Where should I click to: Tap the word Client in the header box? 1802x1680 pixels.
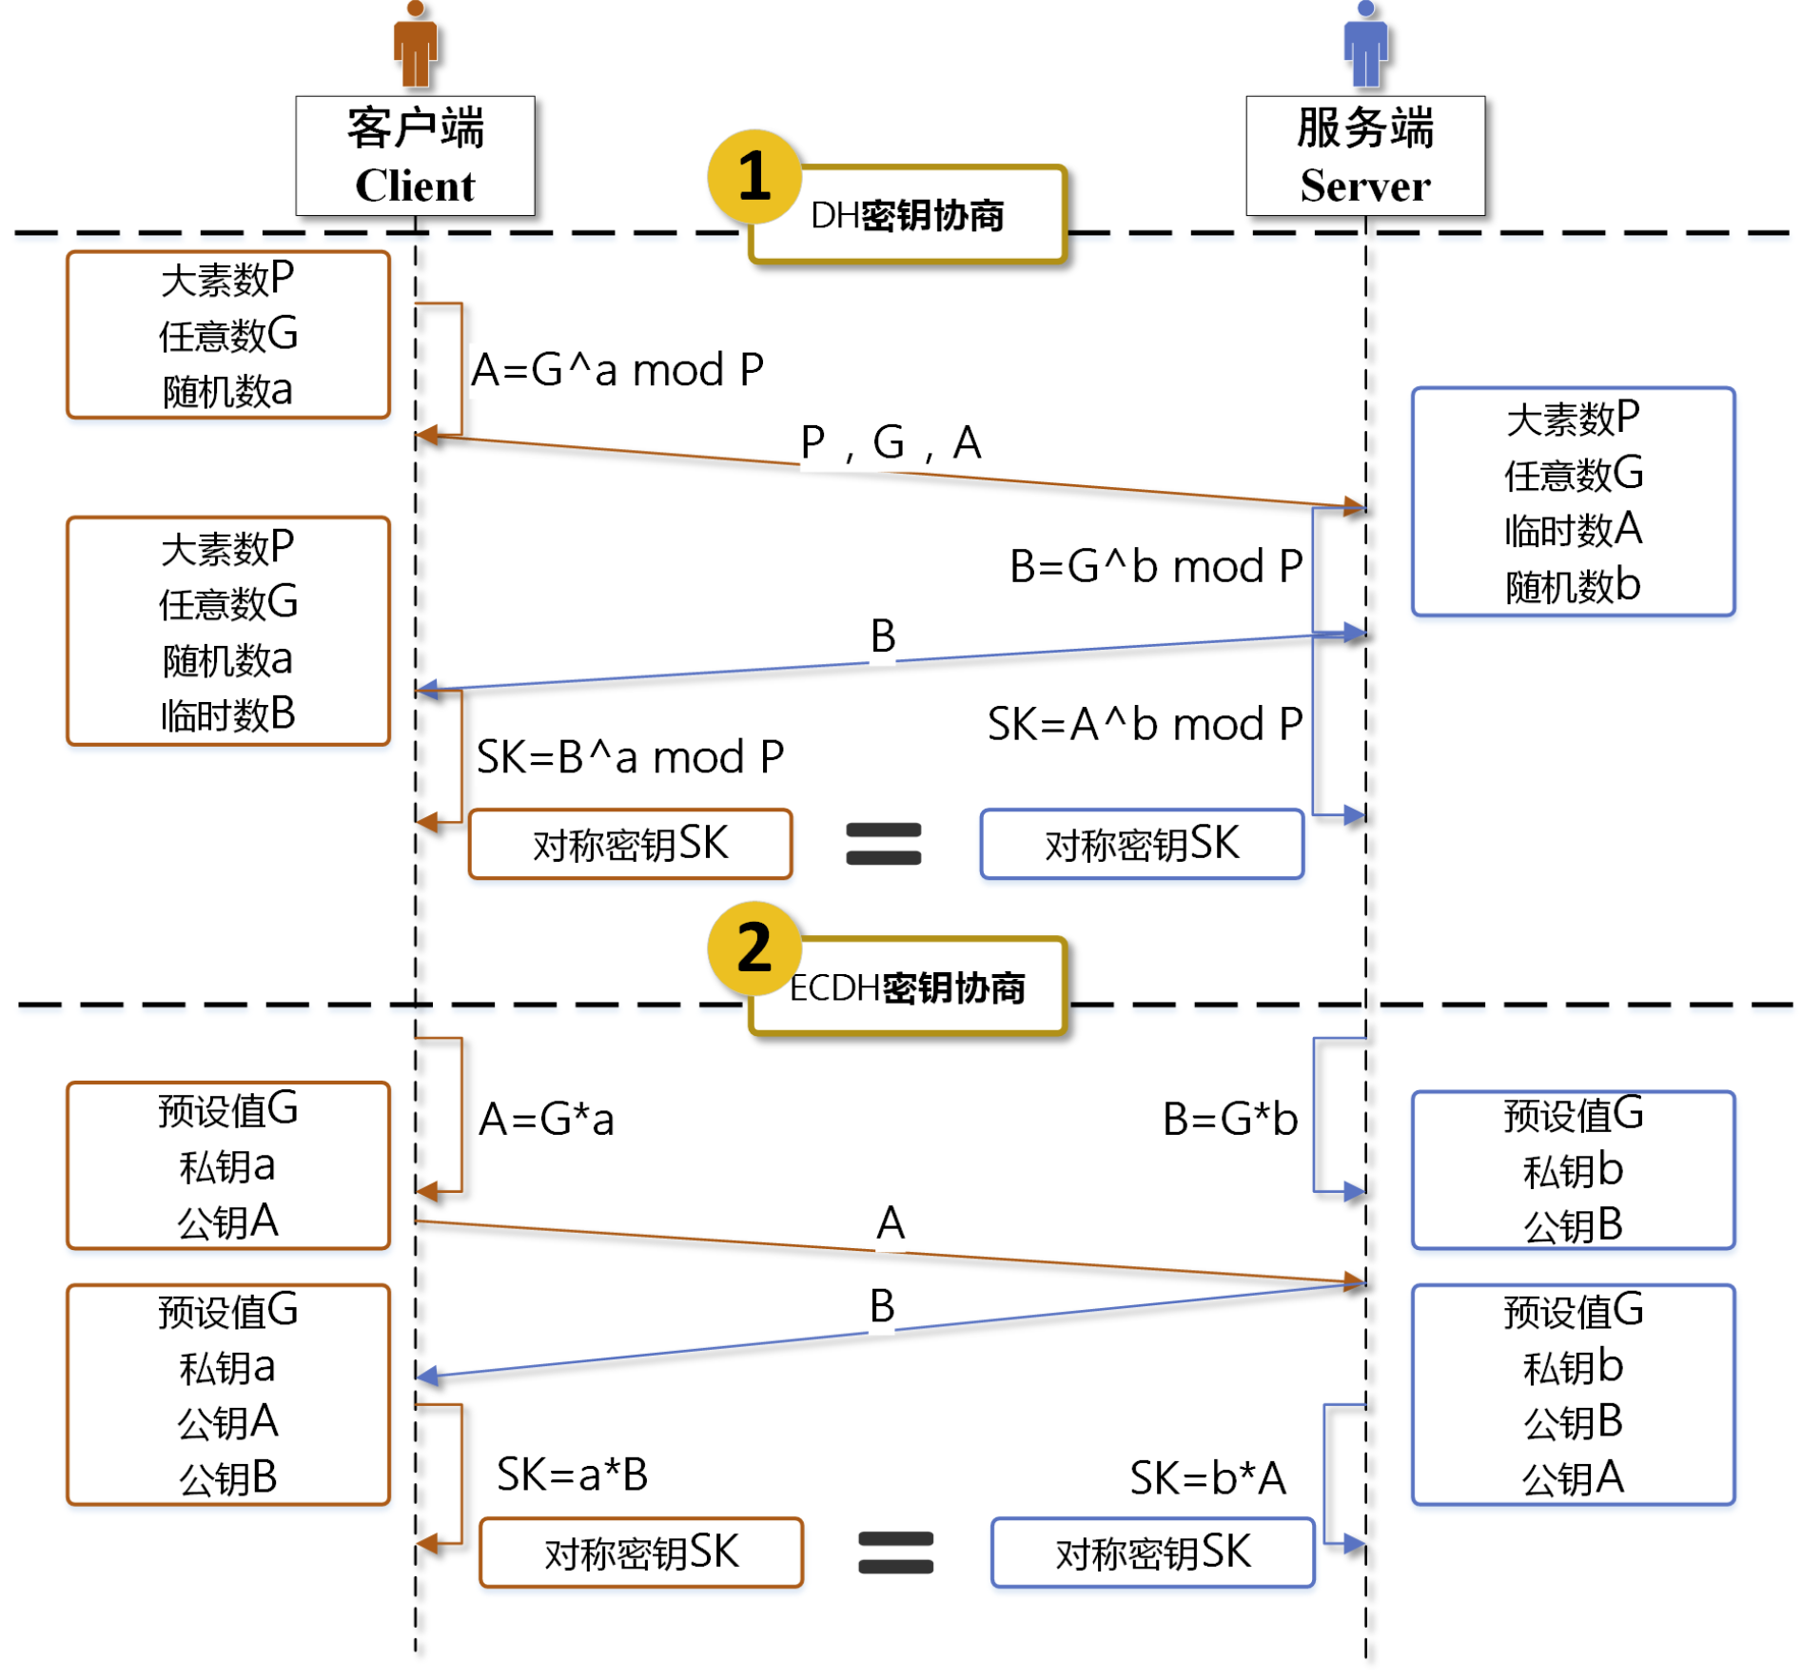click(x=415, y=186)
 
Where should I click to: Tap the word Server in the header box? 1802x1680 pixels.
click(x=1364, y=186)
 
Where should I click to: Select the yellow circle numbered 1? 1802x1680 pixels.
click(x=754, y=177)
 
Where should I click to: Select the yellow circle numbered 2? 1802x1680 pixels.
click(x=754, y=947)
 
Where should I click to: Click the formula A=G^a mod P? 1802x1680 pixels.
click(x=617, y=369)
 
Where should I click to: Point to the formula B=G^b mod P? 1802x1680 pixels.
click(x=1154, y=566)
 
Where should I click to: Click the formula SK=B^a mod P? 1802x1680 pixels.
click(x=629, y=757)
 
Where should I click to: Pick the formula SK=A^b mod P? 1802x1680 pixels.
click(x=1144, y=724)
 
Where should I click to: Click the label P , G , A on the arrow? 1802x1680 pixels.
click(x=890, y=442)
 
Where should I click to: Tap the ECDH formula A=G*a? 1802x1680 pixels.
click(x=546, y=1119)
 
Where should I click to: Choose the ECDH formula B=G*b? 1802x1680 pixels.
click(x=1229, y=1119)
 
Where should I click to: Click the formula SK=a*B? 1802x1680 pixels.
click(x=572, y=1475)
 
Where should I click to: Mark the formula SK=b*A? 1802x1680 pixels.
click(x=1206, y=1478)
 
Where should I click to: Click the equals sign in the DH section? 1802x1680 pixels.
click(x=883, y=844)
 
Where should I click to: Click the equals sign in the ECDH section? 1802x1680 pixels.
click(x=894, y=1552)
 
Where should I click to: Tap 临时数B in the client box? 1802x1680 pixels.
click(x=228, y=714)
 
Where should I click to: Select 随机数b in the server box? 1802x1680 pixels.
click(x=1572, y=586)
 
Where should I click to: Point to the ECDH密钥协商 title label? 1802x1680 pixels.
click(x=907, y=987)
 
